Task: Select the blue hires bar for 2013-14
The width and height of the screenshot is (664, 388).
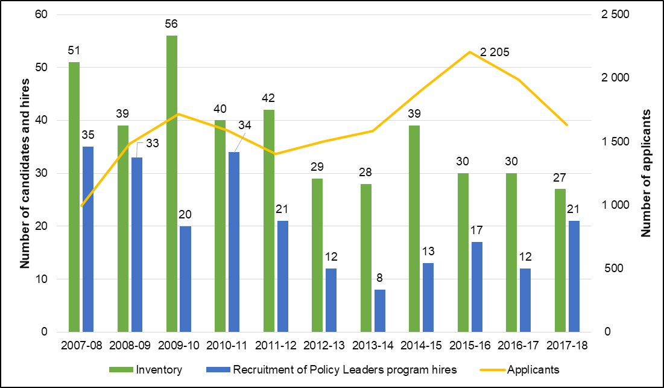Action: [x=379, y=311]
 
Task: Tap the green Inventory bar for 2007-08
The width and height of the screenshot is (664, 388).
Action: [x=74, y=197]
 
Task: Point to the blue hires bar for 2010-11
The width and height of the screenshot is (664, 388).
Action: [x=233, y=242]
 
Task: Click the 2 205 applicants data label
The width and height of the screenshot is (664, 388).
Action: [x=495, y=52]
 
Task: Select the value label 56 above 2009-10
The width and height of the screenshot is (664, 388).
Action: [x=172, y=24]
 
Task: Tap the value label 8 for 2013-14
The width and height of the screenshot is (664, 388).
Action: [x=379, y=278]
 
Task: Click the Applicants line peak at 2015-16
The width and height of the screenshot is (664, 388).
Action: [x=470, y=52]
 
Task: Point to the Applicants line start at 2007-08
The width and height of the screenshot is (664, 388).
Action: [x=81, y=206]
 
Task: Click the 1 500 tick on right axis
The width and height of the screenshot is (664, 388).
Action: [x=614, y=142]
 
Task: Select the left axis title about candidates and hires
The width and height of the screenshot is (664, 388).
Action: [x=25, y=173]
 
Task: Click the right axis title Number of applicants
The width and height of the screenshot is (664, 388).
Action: [x=647, y=173]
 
